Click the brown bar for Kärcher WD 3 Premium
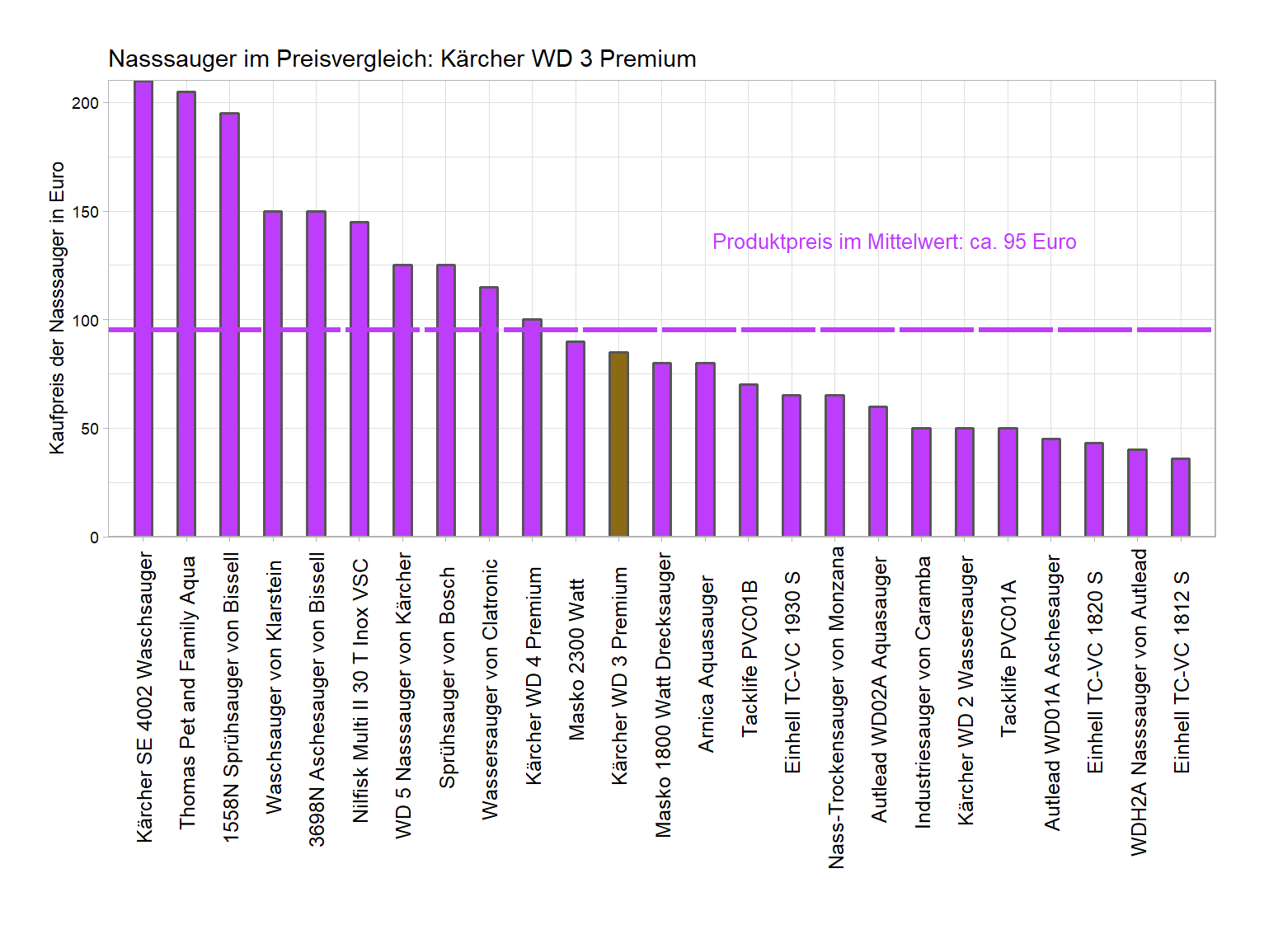pos(618,444)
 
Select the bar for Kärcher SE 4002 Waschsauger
pos(143,309)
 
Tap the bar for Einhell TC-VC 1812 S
pos(1181,497)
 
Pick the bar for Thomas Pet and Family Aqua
pos(186,314)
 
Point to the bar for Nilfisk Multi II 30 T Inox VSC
pos(359,379)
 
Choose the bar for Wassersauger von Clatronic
pos(489,411)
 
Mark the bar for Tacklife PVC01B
pos(748,460)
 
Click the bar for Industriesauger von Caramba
pos(921,482)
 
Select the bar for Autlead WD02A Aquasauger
pos(878,472)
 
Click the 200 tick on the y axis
pos(85,103)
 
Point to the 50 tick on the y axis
pos(89,429)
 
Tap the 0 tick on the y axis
pos(94,538)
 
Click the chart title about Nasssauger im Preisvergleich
pos(402,59)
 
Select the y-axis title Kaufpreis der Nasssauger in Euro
pos(57,308)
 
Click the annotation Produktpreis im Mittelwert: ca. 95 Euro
pos(894,242)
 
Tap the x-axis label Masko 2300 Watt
pos(576,659)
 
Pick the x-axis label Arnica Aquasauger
pos(706,664)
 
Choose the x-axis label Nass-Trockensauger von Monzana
pos(836,707)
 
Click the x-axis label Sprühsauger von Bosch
pos(447,677)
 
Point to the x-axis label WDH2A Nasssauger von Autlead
pos(1139,702)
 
